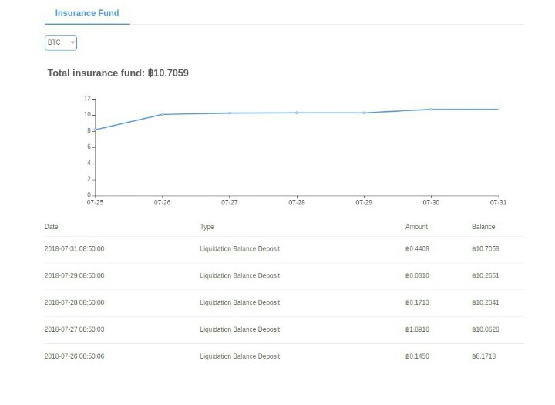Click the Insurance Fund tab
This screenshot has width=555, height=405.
[x=87, y=13]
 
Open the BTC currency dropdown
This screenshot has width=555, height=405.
[x=61, y=43]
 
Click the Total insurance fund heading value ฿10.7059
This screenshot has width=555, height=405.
[x=168, y=73]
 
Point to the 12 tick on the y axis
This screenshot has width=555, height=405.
[x=87, y=98]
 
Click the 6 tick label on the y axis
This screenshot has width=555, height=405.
[x=89, y=147]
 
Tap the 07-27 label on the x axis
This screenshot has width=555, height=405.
[x=230, y=202]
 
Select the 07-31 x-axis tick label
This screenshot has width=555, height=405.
[x=499, y=202]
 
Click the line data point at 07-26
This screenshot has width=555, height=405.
[x=163, y=114]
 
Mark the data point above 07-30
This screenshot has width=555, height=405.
[x=431, y=109]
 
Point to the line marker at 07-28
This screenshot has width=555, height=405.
[x=297, y=113]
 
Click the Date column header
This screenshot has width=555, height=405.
[x=52, y=227]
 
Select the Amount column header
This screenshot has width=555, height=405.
[x=416, y=227]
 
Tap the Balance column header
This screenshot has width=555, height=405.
[x=483, y=227]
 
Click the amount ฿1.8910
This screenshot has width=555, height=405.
[x=417, y=329]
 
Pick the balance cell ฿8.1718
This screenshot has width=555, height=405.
[x=483, y=356]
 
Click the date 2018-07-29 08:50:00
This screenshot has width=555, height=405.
[x=74, y=275]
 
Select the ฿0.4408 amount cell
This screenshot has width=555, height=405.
[x=417, y=248]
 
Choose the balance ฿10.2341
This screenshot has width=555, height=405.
[x=486, y=302]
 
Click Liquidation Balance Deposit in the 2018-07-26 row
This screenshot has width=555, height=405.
[x=240, y=356]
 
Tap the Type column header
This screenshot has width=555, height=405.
[x=207, y=227]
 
